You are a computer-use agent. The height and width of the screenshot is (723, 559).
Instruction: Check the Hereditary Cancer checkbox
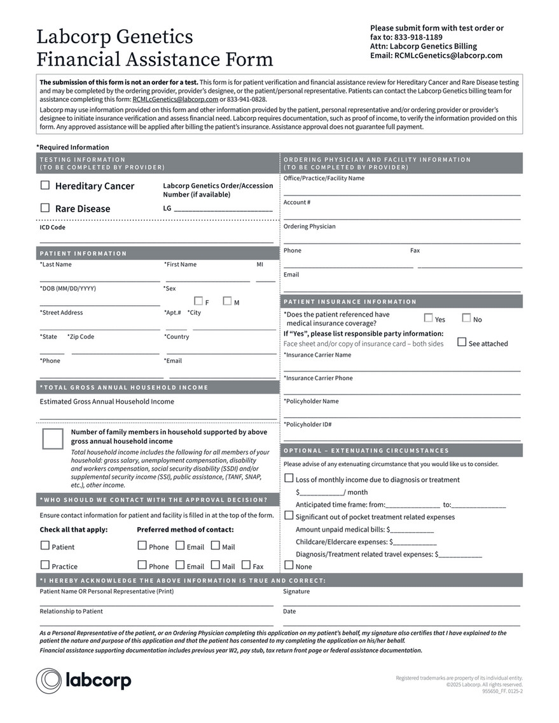pos(45,186)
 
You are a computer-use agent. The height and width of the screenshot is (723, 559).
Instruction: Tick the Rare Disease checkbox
pos(45,208)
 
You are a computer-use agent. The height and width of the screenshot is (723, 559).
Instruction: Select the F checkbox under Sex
pos(198,301)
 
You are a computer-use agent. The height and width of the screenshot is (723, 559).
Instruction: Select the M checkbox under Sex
pos(227,301)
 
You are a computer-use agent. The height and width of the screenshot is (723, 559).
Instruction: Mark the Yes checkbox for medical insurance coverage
pos(428,318)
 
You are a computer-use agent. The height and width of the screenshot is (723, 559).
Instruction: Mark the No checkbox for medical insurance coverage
pos(466,318)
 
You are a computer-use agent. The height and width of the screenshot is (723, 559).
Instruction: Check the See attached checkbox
pos(462,342)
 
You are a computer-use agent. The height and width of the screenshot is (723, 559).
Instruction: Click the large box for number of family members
pos(53,439)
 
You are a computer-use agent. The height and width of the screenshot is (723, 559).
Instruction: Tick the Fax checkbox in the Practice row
pos(246,565)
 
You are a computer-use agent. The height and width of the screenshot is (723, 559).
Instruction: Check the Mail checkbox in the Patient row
pos(216,546)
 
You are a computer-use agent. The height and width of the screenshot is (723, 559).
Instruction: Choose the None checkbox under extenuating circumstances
pos(289,565)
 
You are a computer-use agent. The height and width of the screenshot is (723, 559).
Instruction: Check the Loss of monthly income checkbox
pos(289,478)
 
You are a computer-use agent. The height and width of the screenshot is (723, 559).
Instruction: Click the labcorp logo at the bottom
pos(83,680)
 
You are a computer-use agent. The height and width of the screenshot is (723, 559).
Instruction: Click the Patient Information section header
pos(83,254)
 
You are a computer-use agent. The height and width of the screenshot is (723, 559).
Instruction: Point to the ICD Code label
pos(53,228)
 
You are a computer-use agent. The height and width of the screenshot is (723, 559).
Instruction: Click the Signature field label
pos(296,591)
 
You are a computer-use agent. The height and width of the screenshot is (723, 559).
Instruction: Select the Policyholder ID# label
pos(308,425)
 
